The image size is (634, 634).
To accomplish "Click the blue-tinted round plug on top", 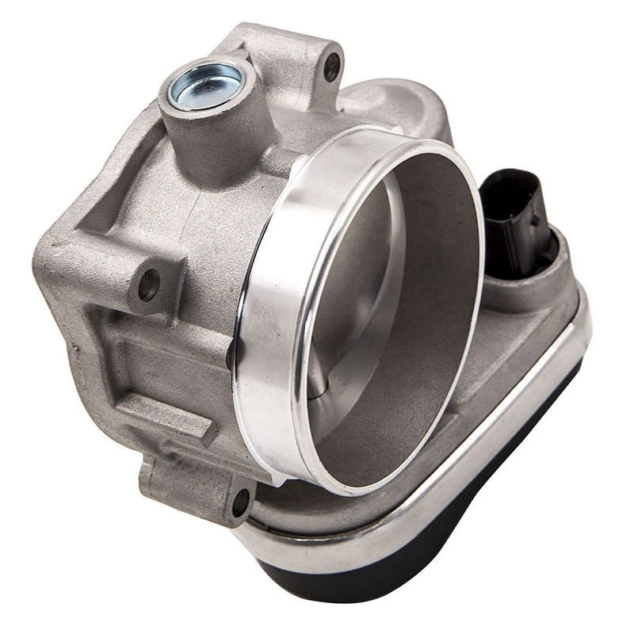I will coord(207,85).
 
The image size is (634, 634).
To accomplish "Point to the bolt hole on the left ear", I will coord(148,284).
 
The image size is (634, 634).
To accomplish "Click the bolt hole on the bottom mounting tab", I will coord(240,501).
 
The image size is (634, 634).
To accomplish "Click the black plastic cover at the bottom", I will coord(444,555).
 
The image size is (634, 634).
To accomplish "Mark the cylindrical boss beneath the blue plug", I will coord(202,147).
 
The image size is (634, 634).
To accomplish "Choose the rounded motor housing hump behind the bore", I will coord(396,107).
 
